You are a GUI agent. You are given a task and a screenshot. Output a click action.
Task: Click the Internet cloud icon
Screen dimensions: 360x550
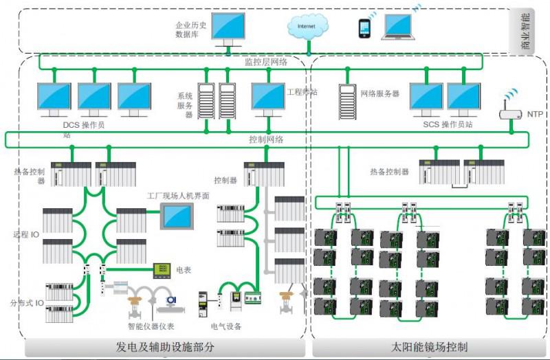(306, 27)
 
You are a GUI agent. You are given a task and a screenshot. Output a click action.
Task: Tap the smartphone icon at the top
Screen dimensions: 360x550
(365, 27)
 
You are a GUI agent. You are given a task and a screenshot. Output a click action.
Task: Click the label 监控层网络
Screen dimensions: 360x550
(266, 62)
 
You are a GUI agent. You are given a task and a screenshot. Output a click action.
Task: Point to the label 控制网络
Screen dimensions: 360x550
(266, 139)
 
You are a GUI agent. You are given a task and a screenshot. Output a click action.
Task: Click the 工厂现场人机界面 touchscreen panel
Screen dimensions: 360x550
(177, 217)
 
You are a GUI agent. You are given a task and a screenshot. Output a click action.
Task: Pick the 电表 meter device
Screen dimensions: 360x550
(162, 270)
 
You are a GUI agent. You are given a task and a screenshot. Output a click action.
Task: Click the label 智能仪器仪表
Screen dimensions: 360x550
(151, 326)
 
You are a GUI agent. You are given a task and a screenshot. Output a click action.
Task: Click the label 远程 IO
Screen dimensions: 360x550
(27, 234)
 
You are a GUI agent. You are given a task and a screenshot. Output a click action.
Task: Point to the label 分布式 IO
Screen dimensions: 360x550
(27, 302)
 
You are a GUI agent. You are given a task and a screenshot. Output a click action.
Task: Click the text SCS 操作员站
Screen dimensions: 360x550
(448, 124)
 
